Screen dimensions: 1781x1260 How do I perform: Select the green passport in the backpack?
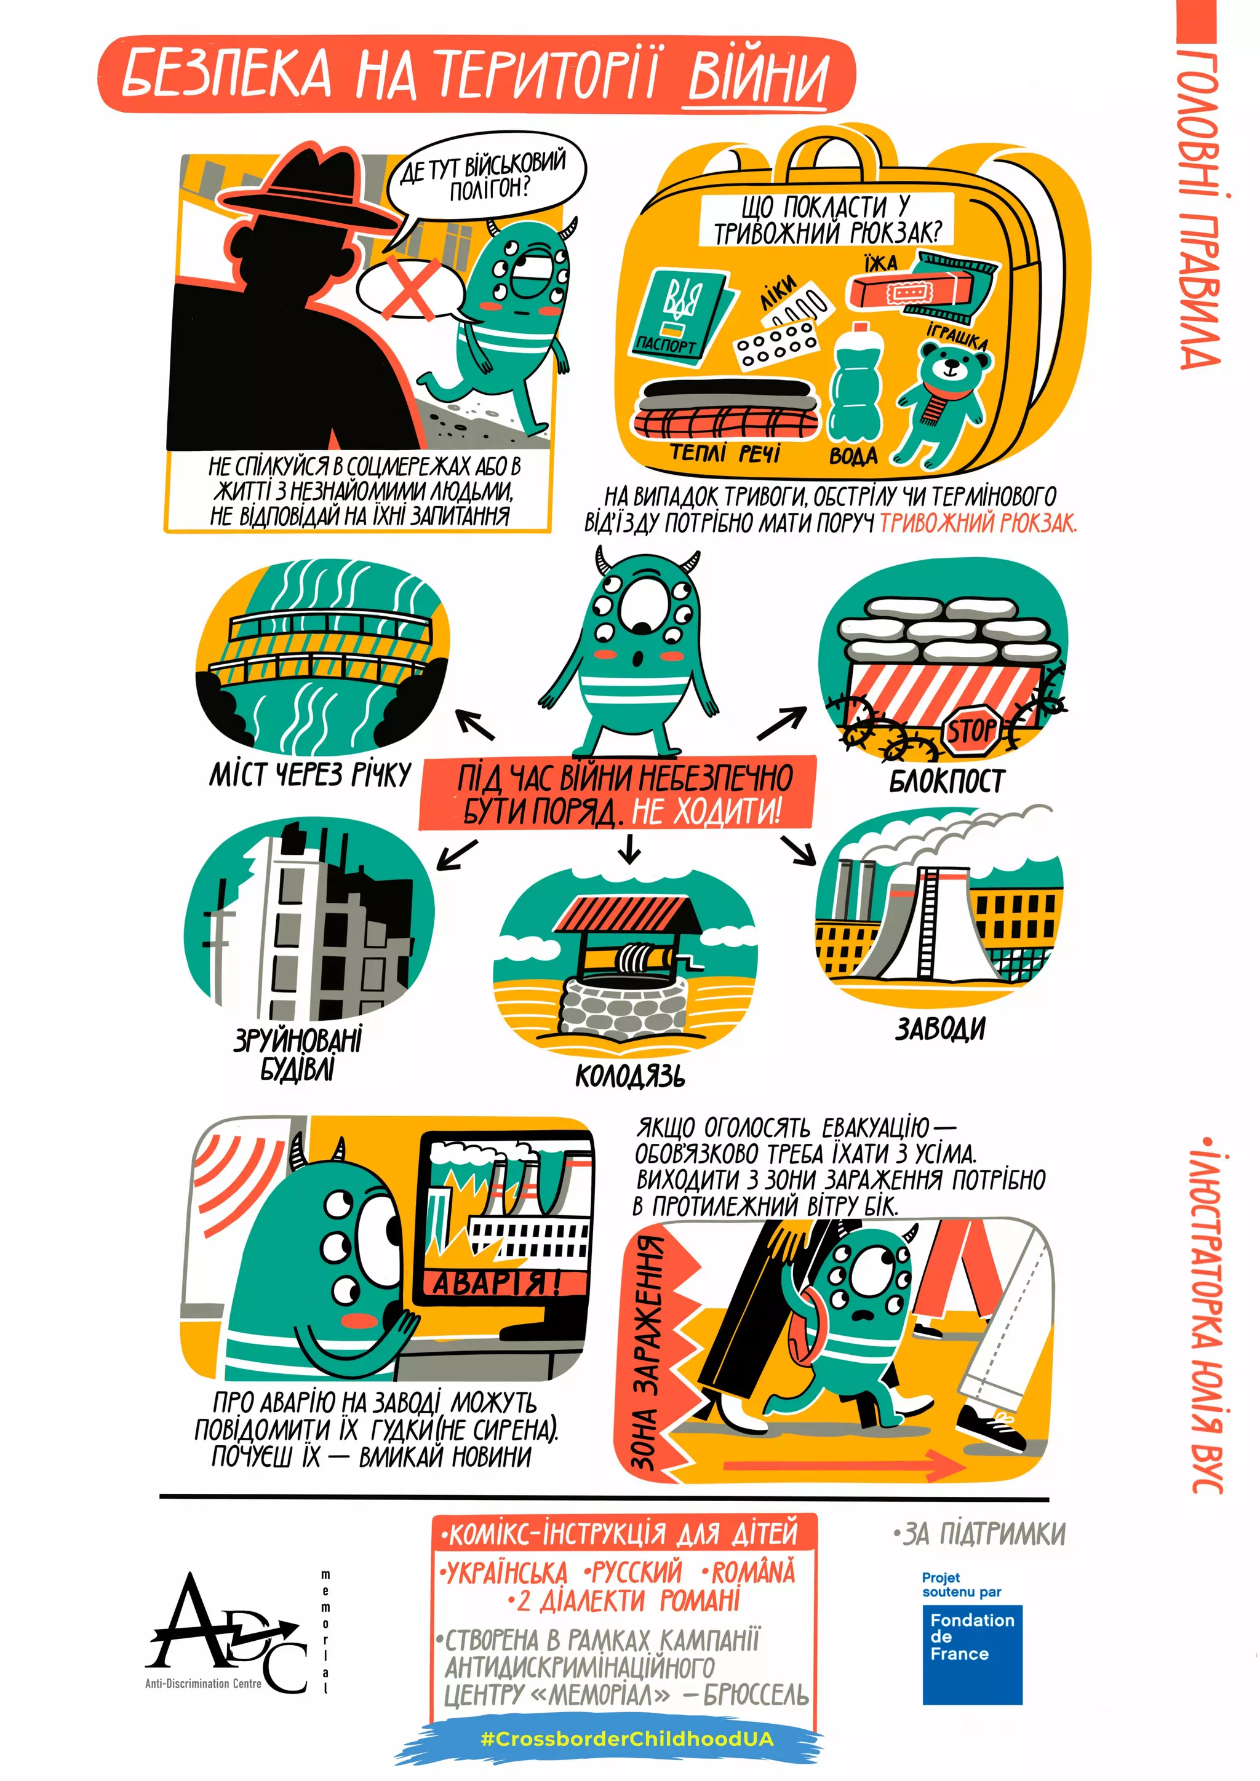point(679,314)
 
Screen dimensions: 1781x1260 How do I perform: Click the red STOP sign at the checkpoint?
point(972,730)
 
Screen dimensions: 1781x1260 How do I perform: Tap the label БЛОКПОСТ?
point(947,780)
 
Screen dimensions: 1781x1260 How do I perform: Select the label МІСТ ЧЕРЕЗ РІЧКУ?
point(309,774)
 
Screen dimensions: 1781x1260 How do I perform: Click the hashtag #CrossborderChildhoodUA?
point(627,1739)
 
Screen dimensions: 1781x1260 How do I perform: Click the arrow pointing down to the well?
point(630,849)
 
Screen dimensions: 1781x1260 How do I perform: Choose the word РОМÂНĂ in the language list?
point(752,1573)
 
